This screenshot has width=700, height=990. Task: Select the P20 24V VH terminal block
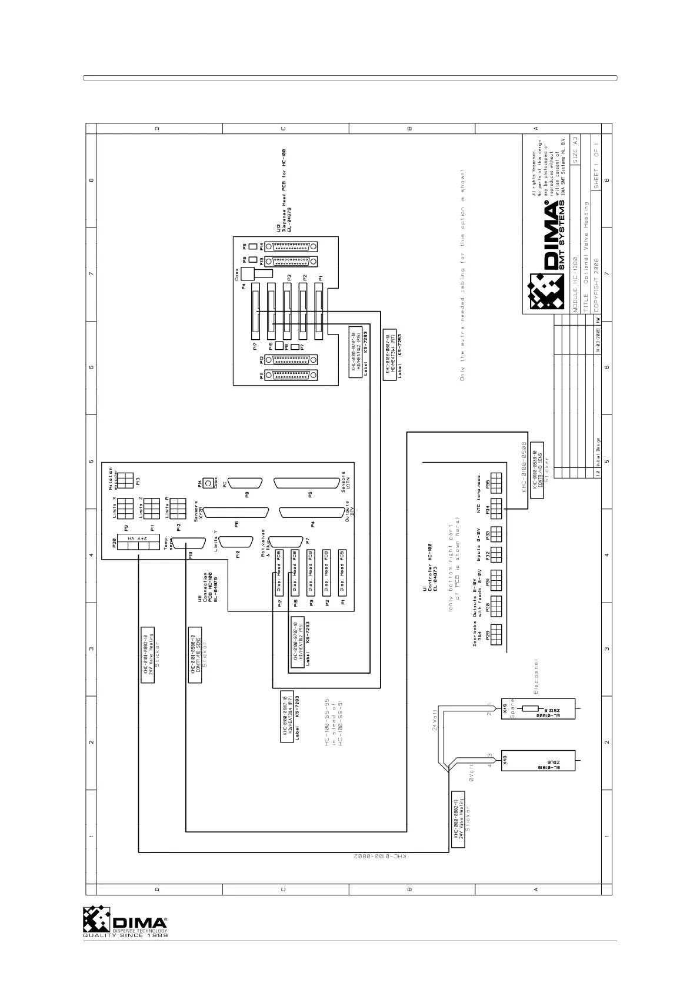click(x=138, y=542)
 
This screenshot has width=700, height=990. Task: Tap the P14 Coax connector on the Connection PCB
click(x=208, y=484)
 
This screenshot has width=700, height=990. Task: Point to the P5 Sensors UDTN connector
click(x=309, y=483)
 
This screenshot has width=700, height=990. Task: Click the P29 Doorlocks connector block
click(x=496, y=635)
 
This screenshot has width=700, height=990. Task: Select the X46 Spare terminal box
click(x=537, y=709)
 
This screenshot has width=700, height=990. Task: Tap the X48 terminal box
click(x=537, y=761)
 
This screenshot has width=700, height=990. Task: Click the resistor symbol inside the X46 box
click(x=531, y=709)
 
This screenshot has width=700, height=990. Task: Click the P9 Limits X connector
click(x=125, y=507)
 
